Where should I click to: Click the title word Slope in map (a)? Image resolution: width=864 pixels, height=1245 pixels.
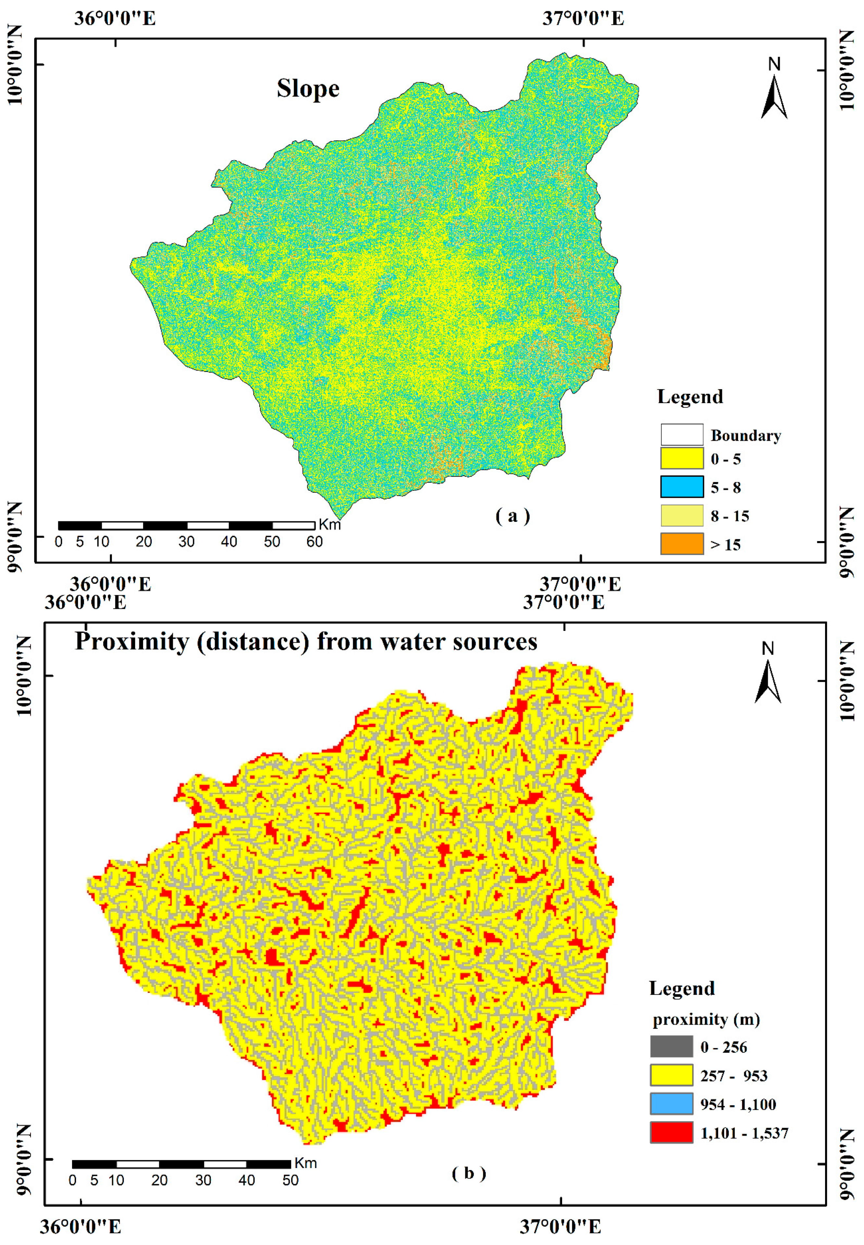point(308,89)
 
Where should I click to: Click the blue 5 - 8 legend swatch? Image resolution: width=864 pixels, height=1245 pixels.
point(682,487)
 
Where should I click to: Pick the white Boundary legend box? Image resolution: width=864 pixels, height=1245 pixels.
point(682,435)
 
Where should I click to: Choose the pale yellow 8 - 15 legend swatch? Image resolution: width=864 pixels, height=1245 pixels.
point(682,515)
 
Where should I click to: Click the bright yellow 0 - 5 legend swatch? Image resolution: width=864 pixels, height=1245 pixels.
point(682,458)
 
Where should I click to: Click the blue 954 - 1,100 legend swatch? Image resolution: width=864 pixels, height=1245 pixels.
point(671,1104)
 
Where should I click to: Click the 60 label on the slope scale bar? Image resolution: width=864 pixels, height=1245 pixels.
point(315,542)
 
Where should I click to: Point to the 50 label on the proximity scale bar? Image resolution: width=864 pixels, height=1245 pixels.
point(291,1181)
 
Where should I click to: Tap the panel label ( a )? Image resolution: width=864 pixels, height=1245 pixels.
point(512,516)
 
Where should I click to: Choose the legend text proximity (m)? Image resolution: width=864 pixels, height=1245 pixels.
point(706,1020)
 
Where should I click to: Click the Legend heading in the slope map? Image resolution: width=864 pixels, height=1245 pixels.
point(690,397)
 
